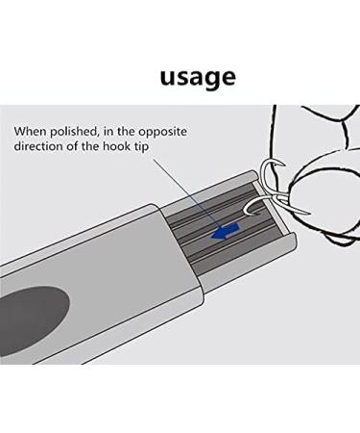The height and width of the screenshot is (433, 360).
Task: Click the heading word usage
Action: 198,76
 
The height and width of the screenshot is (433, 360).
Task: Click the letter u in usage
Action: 169,76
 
